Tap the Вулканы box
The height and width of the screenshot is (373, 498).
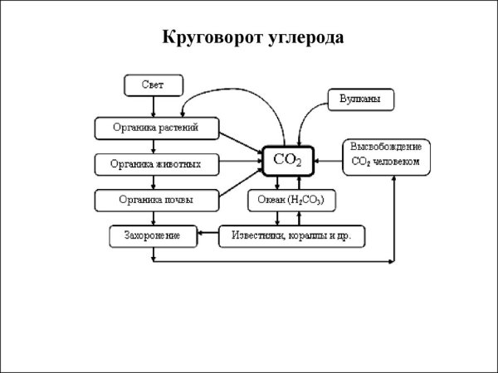tap(360, 99)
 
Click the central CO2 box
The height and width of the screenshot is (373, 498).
tap(287, 160)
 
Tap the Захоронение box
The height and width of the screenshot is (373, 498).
tap(155, 236)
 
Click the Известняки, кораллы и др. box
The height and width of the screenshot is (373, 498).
tap(291, 236)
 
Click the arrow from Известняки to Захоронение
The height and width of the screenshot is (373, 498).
tap(210, 236)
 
